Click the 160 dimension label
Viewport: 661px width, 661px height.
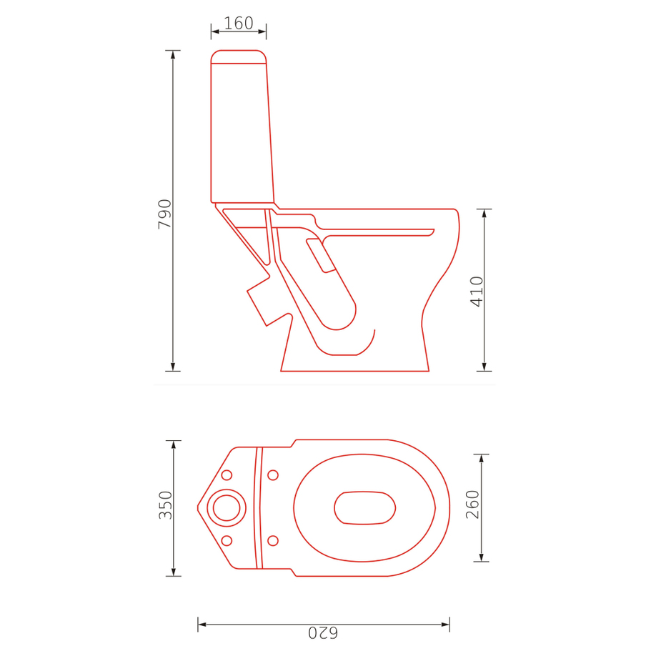[x=238, y=23]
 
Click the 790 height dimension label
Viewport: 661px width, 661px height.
[x=164, y=214]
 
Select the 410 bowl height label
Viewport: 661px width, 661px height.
[x=477, y=292]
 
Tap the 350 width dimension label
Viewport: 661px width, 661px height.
[x=165, y=505]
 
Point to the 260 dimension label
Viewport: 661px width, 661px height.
[x=472, y=505]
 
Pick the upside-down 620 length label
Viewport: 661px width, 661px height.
[x=323, y=632]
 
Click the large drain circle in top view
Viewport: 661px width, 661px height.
[x=227, y=508]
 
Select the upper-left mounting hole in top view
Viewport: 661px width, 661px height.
[x=227, y=475]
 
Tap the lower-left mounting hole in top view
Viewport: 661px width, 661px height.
[x=227, y=540]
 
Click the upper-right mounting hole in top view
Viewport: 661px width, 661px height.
[x=273, y=475]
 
